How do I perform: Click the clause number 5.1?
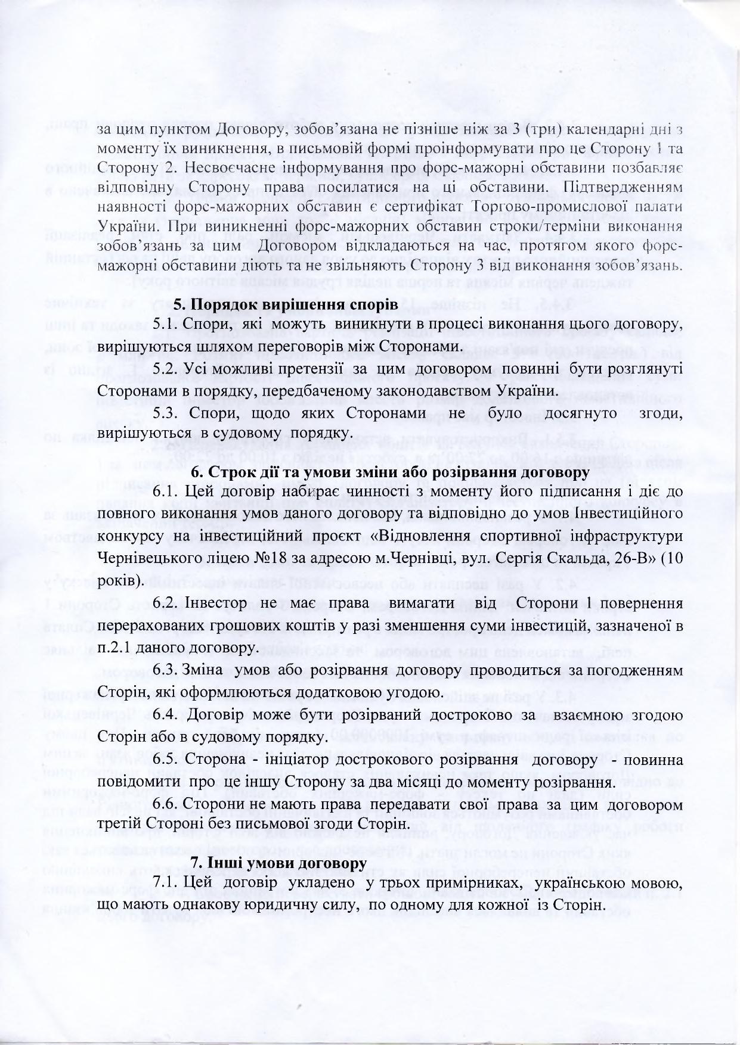click(x=165, y=324)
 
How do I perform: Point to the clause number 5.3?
click(x=165, y=413)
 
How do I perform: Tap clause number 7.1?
click(x=165, y=882)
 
